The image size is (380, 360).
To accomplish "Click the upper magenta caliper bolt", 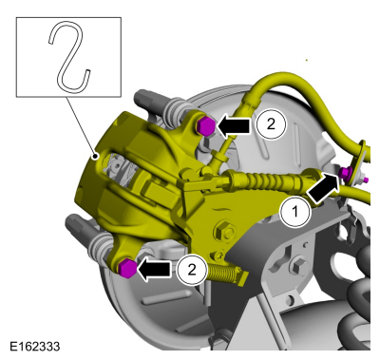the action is click(206, 126).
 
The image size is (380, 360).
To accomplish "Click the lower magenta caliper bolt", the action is click(127, 269).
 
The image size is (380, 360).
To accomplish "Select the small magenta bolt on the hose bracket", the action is click(346, 172).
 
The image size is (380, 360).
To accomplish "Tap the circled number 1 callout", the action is click(295, 211).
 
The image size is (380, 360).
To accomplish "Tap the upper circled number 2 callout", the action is click(271, 124).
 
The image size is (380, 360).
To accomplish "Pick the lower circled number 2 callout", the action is click(192, 270).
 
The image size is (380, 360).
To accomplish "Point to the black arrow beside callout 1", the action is click(324, 188).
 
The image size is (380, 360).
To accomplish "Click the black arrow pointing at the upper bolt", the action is click(234, 125).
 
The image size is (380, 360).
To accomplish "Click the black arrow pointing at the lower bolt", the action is click(154, 270).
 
